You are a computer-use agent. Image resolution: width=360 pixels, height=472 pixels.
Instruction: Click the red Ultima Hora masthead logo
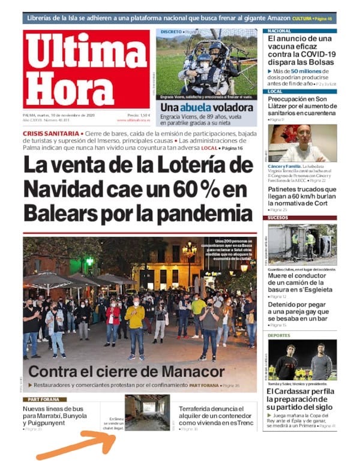click(86, 68)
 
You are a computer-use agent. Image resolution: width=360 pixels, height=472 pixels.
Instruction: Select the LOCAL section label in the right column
click(277, 91)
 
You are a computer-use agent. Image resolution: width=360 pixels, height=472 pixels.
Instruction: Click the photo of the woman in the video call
click(302, 143)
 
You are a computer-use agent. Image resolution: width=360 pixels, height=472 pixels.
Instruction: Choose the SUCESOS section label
click(280, 218)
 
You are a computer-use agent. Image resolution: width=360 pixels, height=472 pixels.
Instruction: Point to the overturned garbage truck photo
click(302, 244)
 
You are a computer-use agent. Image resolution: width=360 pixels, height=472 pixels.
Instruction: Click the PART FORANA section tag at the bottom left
click(44, 399)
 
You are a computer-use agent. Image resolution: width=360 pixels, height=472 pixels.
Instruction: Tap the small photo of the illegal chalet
click(147, 412)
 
